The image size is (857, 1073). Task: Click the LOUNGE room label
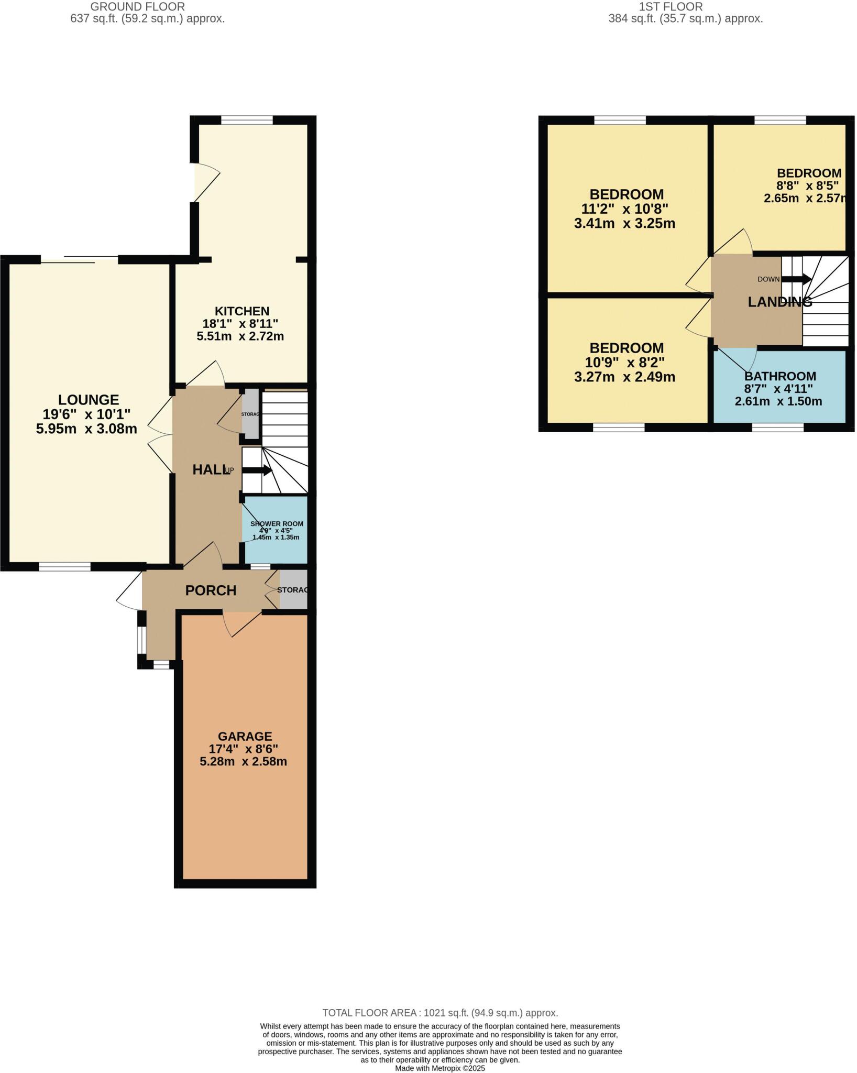tap(88, 400)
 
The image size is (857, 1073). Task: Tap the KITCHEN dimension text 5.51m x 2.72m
tap(240, 336)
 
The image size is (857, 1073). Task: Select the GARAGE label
tap(245, 736)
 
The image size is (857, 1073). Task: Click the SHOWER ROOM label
tap(277, 524)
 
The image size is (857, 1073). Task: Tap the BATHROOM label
tap(780, 376)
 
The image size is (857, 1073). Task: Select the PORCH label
tap(211, 590)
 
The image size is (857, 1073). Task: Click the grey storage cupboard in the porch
tap(293, 590)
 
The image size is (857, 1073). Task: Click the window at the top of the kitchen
tap(247, 120)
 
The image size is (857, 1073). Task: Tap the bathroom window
tap(777, 428)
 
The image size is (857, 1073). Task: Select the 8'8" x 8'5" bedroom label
tap(808, 173)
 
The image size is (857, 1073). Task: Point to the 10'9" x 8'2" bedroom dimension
tap(624, 363)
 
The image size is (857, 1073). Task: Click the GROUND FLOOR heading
tap(137, 7)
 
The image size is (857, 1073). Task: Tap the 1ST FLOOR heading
tap(671, 7)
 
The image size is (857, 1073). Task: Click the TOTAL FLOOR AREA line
tap(440, 1013)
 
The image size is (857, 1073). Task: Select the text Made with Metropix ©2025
tap(440, 1068)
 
